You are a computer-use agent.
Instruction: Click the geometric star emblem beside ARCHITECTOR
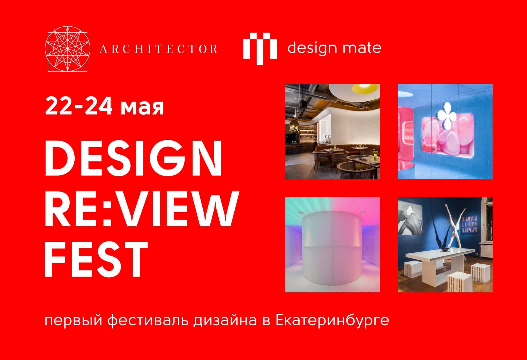(67, 49)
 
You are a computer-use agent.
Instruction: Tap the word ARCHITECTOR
(158, 49)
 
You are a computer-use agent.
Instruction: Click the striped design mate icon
(260, 49)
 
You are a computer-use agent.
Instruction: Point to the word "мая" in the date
(142, 107)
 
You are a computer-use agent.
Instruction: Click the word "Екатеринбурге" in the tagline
(332, 320)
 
